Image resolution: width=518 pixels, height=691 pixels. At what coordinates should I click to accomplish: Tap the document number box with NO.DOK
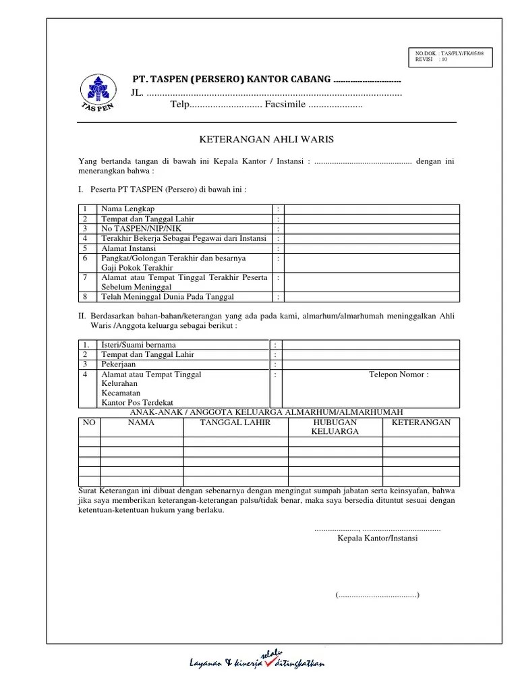[453, 55]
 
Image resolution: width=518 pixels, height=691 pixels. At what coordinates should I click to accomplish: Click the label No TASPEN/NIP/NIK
[138, 229]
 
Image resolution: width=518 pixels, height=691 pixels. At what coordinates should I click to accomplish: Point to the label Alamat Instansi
[129, 248]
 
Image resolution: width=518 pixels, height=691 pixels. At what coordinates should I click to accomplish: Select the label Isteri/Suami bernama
[138, 345]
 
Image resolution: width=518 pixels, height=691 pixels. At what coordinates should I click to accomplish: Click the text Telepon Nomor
[398, 375]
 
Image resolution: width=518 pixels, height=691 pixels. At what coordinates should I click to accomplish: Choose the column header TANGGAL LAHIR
[235, 422]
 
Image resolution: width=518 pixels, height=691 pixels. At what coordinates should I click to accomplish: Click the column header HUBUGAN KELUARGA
[335, 426]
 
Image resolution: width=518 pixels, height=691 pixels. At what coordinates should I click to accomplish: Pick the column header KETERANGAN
[421, 422]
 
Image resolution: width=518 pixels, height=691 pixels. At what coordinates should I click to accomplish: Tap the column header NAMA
[142, 422]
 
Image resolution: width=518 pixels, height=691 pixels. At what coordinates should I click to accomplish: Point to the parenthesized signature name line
[377, 595]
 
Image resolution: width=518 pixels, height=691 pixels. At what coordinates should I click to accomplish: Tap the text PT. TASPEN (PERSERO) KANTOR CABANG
[231, 80]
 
